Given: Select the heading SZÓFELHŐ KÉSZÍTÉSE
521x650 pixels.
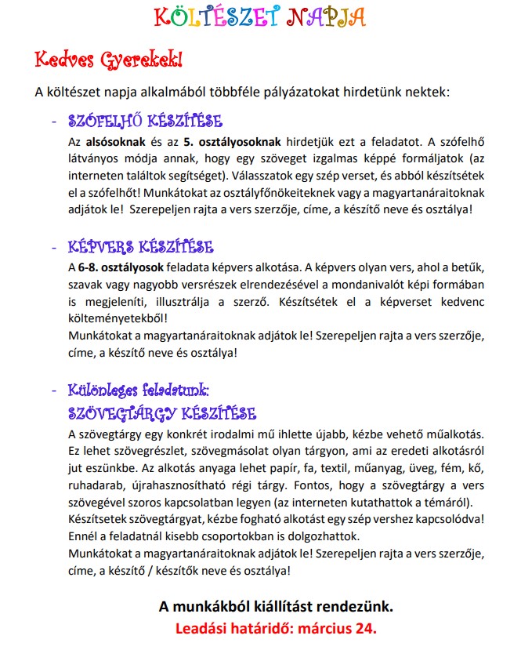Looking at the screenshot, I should (x=146, y=122).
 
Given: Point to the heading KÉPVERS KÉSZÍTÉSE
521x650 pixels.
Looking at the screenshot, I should (x=141, y=247).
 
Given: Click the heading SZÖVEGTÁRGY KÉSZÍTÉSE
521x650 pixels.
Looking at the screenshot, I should (x=162, y=412).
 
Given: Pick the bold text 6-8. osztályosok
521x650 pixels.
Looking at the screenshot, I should (x=119, y=268).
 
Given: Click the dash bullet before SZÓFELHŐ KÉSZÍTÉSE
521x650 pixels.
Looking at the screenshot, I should (x=53, y=122).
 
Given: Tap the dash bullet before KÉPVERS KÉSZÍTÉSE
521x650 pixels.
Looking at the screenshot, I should (x=53, y=248).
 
